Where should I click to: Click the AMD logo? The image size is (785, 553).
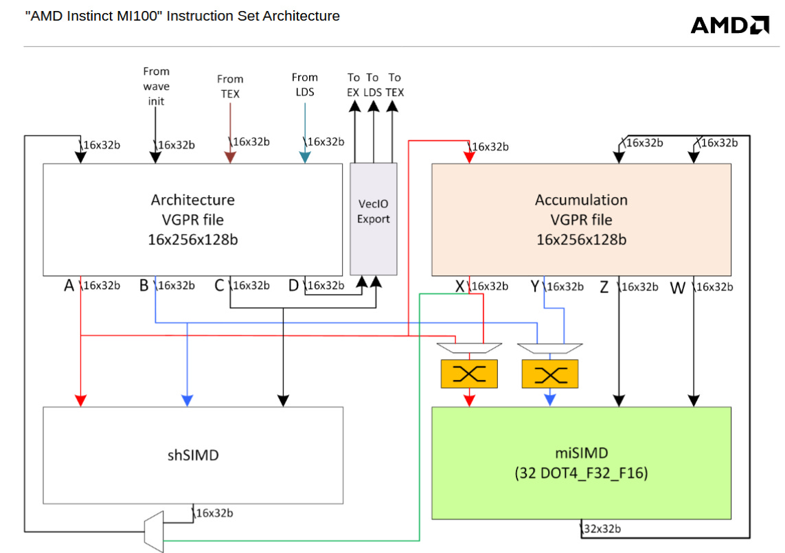point(729,25)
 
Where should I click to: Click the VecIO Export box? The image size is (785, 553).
point(374,218)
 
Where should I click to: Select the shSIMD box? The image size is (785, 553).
point(193,455)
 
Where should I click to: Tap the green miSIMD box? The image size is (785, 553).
point(581,462)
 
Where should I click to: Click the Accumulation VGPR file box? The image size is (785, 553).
point(581,219)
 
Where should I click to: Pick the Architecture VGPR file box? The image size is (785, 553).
point(192,219)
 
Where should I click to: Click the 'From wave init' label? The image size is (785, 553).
point(156,86)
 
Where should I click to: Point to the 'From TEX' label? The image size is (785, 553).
point(230,86)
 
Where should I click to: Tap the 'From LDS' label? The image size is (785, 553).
point(304,84)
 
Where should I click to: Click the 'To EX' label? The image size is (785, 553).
point(354,84)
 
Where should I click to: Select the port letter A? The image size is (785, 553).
point(69,286)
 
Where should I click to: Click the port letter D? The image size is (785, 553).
point(294,286)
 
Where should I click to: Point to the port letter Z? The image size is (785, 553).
point(604,287)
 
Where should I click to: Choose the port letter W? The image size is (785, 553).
point(678,288)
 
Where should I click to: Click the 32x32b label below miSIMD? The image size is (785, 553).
point(602,529)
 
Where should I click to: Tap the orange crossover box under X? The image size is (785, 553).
point(469,374)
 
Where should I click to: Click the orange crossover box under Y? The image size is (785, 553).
point(550,374)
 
